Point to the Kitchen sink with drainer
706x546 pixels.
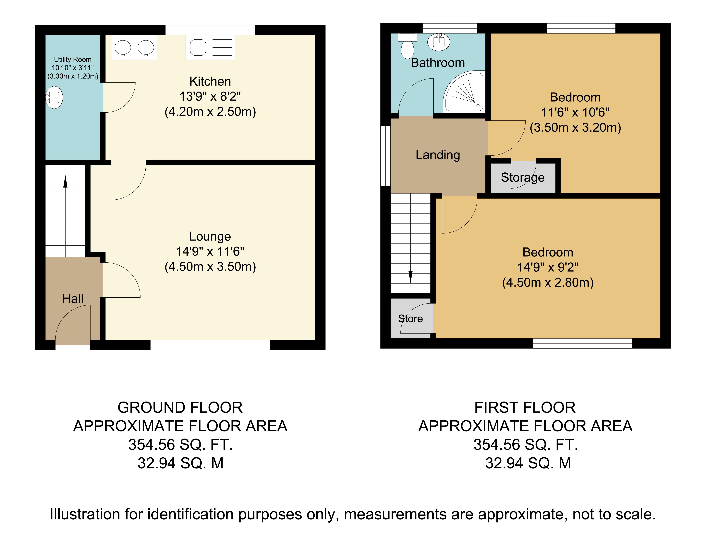click(x=210, y=47)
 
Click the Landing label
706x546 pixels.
click(x=438, y=155)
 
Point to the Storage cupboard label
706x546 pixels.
click(x=523, y=178)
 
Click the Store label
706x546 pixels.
click(x=410, y=319)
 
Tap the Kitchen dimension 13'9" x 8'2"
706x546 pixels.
click(x=210, y=96)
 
